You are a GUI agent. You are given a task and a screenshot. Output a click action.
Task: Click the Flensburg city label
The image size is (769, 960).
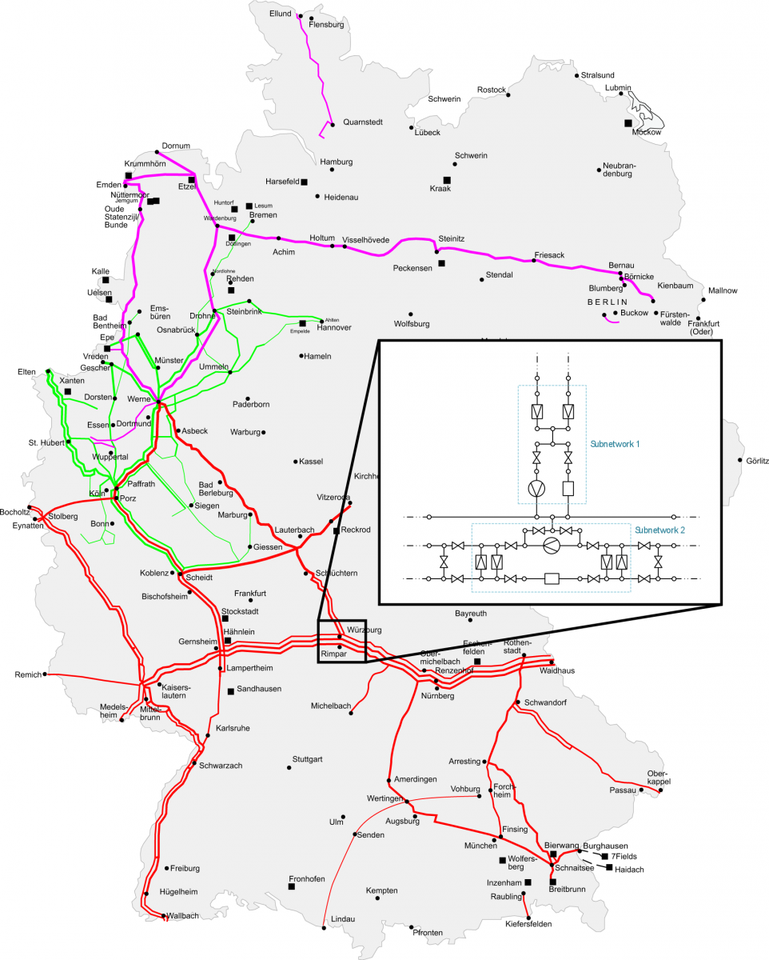tap(325, 25)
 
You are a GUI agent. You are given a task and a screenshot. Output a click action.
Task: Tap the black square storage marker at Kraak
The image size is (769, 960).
tap(447, 179)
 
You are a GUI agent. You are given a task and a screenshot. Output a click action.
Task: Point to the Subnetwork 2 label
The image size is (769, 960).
tap(660, 530)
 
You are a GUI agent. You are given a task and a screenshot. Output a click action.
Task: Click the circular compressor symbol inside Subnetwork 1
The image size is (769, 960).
tap(537, 487)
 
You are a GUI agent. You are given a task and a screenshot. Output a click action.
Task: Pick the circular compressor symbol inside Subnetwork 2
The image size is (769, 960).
tap(550, 546)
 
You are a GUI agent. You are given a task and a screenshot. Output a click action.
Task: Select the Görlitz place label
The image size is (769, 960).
tap(756, 461)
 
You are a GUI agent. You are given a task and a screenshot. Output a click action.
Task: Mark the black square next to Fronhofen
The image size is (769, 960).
tap(292, 886)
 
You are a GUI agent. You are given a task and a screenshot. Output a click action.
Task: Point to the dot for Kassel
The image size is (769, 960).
tap(296, 462)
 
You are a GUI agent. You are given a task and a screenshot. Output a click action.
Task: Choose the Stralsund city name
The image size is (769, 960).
tap(598, 75)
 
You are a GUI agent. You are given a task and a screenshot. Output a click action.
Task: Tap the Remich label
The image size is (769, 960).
tap(28, 675)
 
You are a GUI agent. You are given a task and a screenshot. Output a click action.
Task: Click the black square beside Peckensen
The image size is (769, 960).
tap(441, 262)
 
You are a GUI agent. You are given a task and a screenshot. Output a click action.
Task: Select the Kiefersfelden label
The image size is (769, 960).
tap(528, 924)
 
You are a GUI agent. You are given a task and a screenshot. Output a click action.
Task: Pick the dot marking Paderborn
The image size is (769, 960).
tap(248, 398)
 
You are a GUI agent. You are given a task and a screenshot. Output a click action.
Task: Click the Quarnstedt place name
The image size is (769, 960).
tap(363, 122)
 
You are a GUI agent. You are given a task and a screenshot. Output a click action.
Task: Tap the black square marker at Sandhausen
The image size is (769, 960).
tap(231, 690)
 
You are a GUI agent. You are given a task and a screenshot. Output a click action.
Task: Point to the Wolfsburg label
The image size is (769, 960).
tap(412, 324)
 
